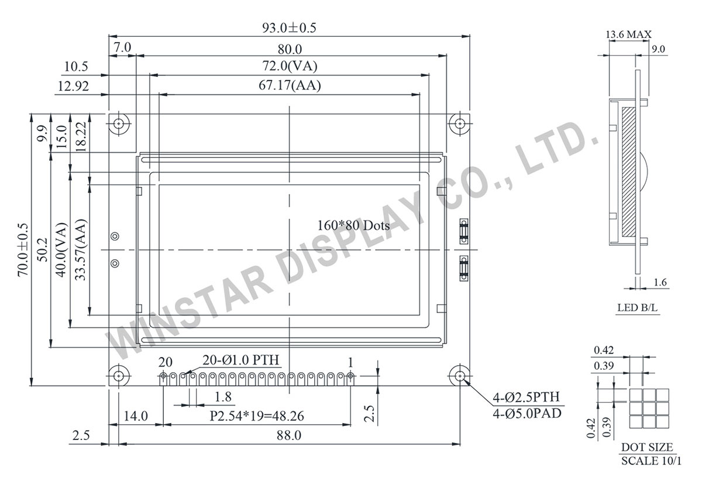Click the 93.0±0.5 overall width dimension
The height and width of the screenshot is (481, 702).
(290, 28)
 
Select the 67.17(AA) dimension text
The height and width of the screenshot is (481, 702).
(290, 85)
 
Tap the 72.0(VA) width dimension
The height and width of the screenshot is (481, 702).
(290, 66)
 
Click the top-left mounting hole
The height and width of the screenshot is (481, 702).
(120, 124)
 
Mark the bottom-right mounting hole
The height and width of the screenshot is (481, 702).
(460, 376)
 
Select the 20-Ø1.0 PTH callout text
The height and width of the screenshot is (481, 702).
(241, 359)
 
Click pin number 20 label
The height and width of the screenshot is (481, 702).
(166, 362)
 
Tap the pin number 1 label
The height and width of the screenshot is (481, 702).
(350, 362)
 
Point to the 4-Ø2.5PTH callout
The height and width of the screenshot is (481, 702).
(527, 398)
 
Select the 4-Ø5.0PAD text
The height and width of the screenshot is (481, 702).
(527, 414)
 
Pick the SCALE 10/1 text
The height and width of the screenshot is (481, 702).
(651, 460)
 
